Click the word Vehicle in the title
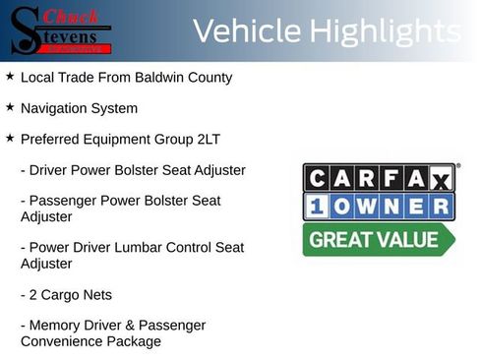246,31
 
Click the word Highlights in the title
385,31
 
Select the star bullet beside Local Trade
9,76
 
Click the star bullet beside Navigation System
9,107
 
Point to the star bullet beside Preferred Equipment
9,139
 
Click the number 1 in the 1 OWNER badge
317,207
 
